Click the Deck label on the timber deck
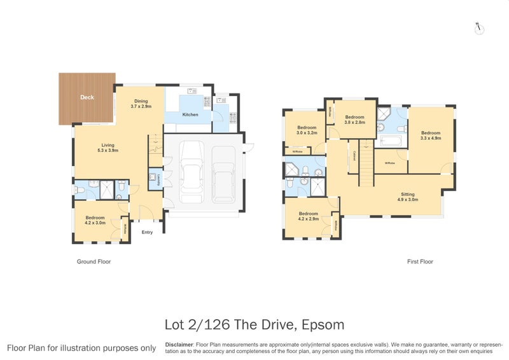click(x=87, y=98)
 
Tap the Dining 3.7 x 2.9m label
click(x=141, y=104)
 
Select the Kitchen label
click(x=190, y=114)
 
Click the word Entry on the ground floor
click(x=147, y=232)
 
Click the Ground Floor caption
click(x=94, y=261)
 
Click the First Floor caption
click(x=421, y=261)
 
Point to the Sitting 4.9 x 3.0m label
click(x=408, y=197)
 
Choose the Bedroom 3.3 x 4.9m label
click(x=431, y=135)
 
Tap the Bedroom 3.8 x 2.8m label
click(x=354, y=120)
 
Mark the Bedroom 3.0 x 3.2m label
click(x=307, y=130)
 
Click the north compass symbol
click(x=480, y=28)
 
